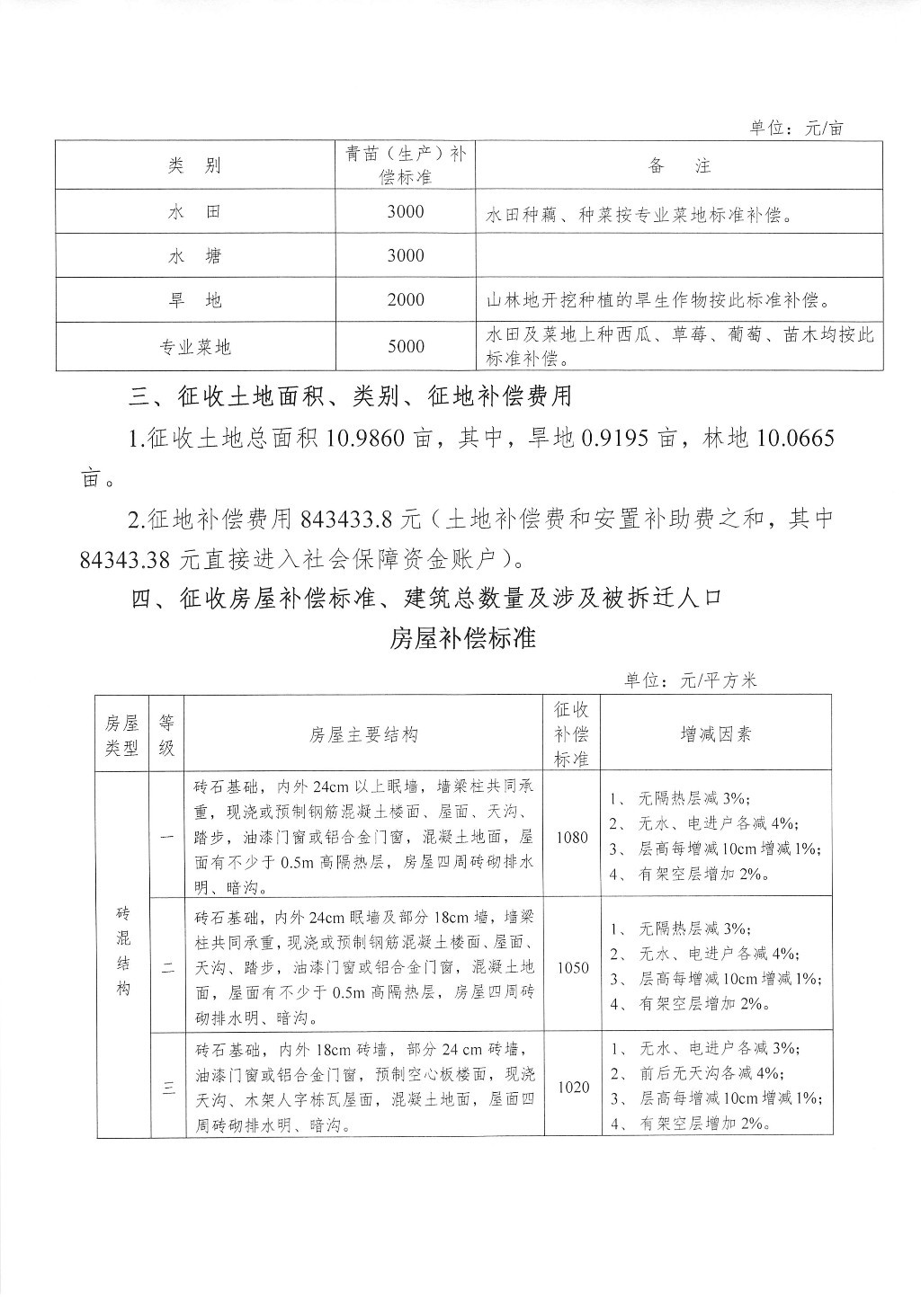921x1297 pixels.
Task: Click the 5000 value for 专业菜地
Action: (406, 346)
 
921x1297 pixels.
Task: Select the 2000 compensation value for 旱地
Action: (406, 300)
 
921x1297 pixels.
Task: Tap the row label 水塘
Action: (194, 256)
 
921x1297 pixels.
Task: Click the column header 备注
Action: (678, 165)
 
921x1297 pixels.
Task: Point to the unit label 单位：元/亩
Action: (797, 128)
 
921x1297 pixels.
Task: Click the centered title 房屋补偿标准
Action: (463, 638)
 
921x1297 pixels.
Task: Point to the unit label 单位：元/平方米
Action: (691, 680)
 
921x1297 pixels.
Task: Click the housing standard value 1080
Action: (572, 838)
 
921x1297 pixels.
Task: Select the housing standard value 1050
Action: (572, 968)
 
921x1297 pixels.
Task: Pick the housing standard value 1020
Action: (573, 1088)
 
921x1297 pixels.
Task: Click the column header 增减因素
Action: (716, 734)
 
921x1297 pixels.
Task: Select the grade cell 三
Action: (168, 1088)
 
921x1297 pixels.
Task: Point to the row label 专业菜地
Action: (194, 346)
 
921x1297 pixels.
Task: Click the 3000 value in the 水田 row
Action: (406, 211)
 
